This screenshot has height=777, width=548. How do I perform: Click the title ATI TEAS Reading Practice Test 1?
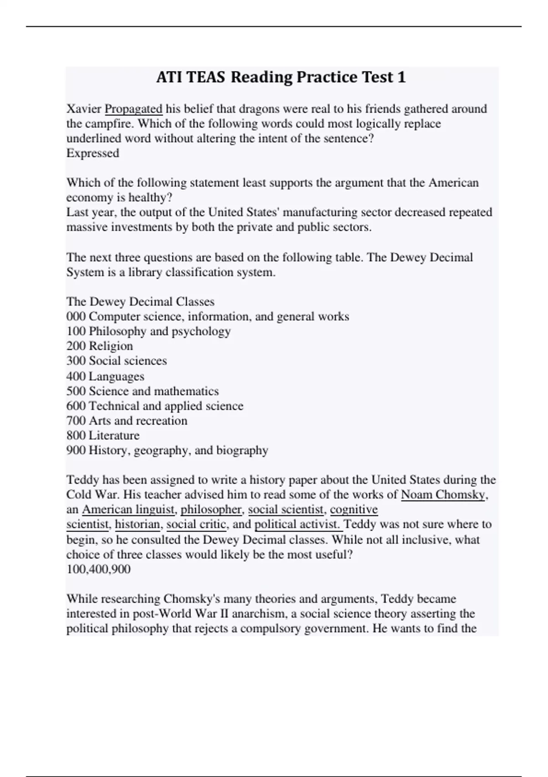[280, 77]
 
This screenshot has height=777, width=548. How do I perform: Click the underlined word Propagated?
[133, 109]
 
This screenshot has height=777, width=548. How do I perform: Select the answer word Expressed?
[93, 153]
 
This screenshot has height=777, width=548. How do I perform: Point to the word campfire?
[108, 124]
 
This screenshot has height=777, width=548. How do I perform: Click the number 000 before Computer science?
[76, 316]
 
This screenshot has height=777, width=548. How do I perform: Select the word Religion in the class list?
[111, 346]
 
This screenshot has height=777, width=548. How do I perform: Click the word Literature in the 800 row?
[114, 435]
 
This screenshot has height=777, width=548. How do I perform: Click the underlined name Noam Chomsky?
[443, 495]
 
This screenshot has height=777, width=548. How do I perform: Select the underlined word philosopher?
[211, 509]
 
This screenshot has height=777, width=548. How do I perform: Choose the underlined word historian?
[137, 524]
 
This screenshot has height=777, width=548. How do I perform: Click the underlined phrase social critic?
[196, 524]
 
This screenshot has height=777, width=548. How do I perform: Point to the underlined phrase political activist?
[298, 524]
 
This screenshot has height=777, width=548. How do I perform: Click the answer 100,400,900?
[99, 569]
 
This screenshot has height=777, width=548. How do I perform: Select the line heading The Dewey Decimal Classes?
[141, 302]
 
